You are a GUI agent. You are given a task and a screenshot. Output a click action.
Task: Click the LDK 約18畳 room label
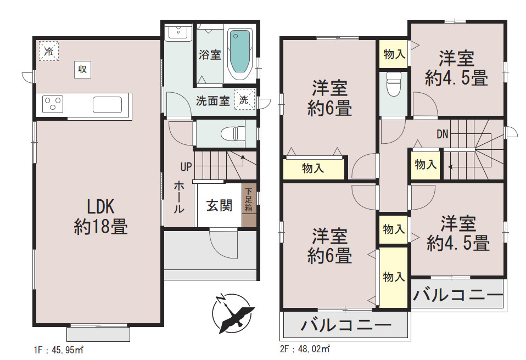click(100, 217)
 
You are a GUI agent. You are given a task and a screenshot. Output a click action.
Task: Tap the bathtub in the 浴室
click(240, 54)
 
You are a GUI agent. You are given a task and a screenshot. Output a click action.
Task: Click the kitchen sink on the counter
click(108, 105)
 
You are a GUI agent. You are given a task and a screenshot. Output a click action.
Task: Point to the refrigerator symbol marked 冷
click(49, 51)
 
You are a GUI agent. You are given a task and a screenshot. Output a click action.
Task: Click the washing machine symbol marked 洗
click(244, 99)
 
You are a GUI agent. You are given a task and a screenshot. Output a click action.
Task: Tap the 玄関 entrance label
click(219, 205)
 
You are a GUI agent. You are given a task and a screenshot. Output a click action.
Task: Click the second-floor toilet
click(394, 84)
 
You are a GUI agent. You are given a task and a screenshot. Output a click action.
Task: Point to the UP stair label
click(186, 167)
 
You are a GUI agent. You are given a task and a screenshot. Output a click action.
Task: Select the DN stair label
click(443, 134)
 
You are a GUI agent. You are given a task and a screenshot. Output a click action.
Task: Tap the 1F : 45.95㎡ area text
click(59, 350)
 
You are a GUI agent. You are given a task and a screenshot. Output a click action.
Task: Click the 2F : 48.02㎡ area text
click(305, 349)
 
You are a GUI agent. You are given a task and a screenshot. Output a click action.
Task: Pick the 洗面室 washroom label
click(212, 100)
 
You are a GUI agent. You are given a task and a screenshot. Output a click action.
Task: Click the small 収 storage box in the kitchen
click(82, 69)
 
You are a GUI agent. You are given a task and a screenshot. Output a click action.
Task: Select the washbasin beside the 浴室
click(178, 32)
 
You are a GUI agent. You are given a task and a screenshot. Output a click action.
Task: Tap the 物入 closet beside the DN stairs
click(426, 165)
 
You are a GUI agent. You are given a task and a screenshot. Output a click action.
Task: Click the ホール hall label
click(179, 198)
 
